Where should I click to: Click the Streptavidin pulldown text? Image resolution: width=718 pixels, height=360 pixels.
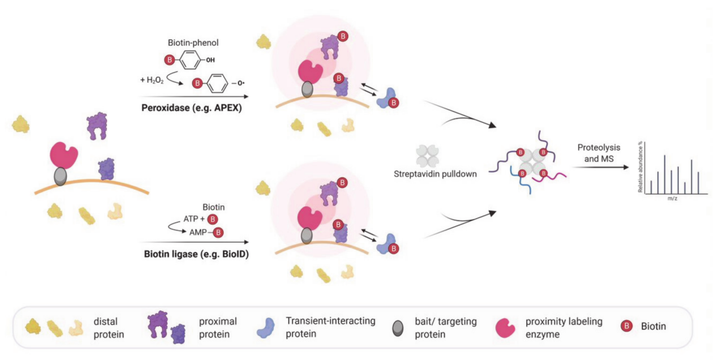[x=435, y=174]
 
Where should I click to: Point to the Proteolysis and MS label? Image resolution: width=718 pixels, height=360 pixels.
[x=598, y=153]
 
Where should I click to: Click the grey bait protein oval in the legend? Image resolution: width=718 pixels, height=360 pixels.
[x=399, y=327]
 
